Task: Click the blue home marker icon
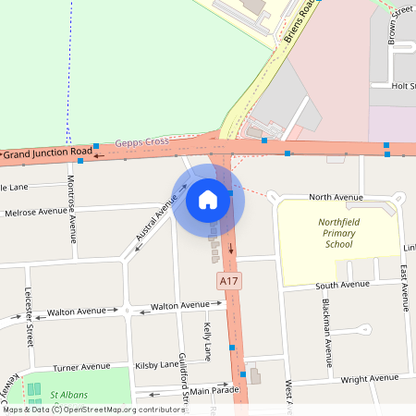[x=208, y=199]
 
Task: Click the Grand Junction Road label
[x=49, y=151]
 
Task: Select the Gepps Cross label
[x=142, y=142]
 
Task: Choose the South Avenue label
[x=343, y=285]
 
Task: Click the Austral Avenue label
[x=154, y=223]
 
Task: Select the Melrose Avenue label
[x=36, y=212]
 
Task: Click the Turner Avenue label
[x=82, y=367]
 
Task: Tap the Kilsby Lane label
[x=156, y=365]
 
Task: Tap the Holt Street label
[x=404, y=86]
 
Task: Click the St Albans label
[x=68, y=395]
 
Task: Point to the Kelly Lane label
[x=208, y=340]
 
